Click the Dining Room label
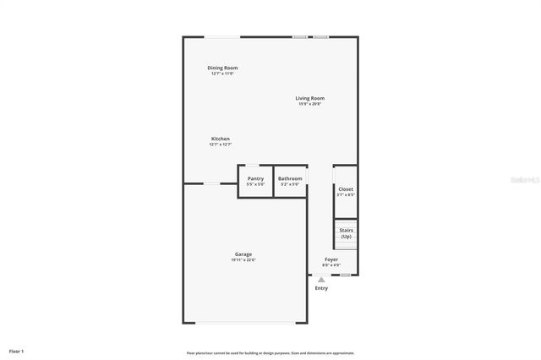[222, 68]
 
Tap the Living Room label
[309, 98]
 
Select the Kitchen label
[220, 139]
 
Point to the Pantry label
[255, 178]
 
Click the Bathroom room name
[290, 178]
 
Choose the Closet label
[346, 189]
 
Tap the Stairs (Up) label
[346, 232]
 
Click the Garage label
[243, 254]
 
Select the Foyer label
[331, 259]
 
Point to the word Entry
[321, 288]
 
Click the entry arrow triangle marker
[321, 279]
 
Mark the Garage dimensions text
[243, 260]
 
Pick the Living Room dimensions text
[309, 104]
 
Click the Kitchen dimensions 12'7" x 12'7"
[220, 145]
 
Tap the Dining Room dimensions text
[222, 74]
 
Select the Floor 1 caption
[17, 351]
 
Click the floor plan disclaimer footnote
[270, 353]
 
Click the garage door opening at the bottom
[245, 323]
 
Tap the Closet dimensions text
[346, 195]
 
